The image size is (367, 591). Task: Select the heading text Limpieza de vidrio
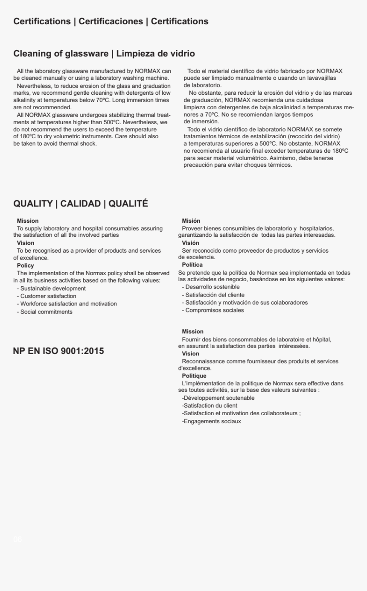click(156, 54)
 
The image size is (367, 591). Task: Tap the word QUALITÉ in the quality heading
click(128, 204)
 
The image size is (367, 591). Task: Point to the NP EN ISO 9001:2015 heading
click(58, 351)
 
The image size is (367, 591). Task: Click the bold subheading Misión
click(191, 221)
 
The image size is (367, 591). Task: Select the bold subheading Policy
click(25, 265)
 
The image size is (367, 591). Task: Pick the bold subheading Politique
click(194, 376)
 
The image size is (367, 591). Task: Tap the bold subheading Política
click(192, 265)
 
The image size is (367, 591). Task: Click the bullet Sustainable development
click(53, 288)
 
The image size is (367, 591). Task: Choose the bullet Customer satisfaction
click(48, 296)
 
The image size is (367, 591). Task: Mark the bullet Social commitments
click(46, 312)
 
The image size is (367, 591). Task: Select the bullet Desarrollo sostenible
click(212, 287)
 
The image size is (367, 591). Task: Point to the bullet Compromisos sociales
click(214, 310)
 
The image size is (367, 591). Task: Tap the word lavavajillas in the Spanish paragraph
click(320, 78)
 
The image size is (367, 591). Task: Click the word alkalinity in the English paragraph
click(26, 99)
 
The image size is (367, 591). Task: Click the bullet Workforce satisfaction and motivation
click(68, 304)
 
